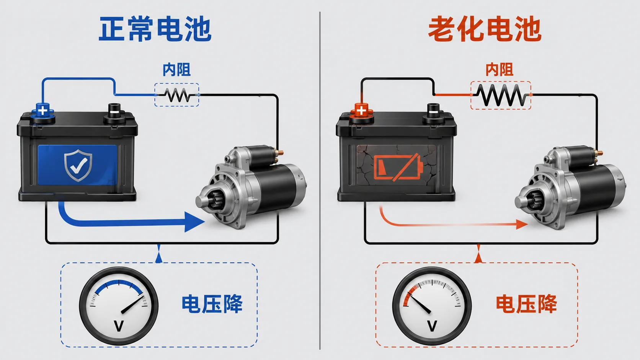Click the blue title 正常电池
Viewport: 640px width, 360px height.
(x=155, y=29)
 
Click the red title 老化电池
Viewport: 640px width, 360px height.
(x=485, y=29)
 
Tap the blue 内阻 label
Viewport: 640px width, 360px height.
(x=176, y=70)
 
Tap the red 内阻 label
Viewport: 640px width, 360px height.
(x=500, y=70)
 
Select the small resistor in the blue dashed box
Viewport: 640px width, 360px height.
(x=178, y=95)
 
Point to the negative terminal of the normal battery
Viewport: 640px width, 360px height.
(x=114, y=113)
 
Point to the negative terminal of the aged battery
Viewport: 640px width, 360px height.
(x=433, y=113)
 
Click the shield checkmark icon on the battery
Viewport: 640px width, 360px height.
(x=78, y=165)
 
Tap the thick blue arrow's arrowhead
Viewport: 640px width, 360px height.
(x=194, y=222)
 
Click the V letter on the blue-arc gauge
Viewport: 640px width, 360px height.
(x=119, y=326)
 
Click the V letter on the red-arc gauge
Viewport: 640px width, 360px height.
(x=432, y=326)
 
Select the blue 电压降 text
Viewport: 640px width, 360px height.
(x=212, y=304)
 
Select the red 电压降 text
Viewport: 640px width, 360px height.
(x=526, y=304)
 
